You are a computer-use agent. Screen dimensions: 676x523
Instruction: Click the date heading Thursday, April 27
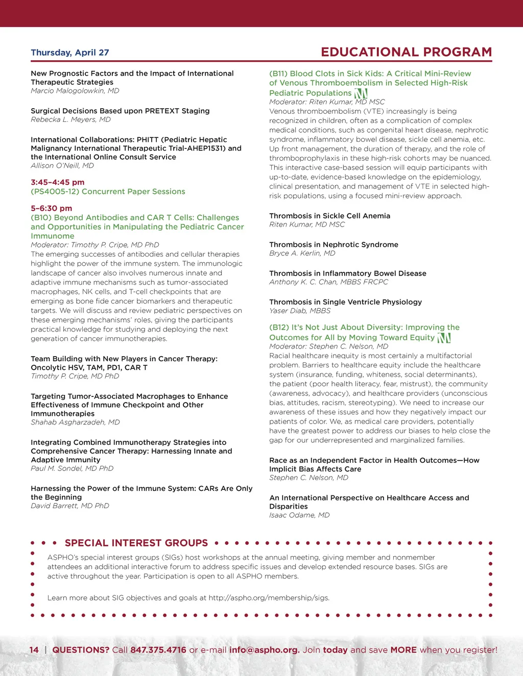coord(70,53)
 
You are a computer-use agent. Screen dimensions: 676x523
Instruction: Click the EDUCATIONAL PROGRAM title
coord(406,52)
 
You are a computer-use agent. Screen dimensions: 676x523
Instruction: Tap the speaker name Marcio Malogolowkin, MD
coord(75,91)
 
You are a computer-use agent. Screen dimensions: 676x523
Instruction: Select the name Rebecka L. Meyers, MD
coord(70,119)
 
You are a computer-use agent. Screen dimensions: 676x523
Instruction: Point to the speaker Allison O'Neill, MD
coord(62,165)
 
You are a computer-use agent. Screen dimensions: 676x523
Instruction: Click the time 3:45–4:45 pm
coord(58,182)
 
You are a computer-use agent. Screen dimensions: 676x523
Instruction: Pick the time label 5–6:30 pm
coord(52,208)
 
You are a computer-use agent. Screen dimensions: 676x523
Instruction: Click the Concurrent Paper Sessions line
coord(108,191)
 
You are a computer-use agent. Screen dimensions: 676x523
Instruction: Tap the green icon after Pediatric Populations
coord(361,93)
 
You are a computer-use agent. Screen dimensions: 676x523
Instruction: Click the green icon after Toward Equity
coord(444,338)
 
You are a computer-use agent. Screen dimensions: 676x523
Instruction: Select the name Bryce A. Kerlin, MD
coord(302,253)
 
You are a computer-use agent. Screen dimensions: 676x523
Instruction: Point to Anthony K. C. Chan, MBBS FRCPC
coord(328,282)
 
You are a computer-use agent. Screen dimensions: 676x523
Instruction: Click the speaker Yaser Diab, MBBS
coord(300,311)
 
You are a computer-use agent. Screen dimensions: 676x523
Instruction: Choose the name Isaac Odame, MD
coord(299,515)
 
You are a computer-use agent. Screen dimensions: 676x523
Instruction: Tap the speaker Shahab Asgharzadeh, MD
coord(75,422)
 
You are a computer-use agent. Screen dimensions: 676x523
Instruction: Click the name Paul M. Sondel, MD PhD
coord(72,468)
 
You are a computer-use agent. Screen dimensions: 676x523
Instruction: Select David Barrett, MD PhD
coord(70,506)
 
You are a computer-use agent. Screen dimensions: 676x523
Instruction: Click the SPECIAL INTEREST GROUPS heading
coord(136,543)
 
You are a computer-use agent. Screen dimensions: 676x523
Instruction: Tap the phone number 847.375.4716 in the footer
coord(158,650)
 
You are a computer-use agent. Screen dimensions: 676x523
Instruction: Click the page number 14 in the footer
coord(34,650)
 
